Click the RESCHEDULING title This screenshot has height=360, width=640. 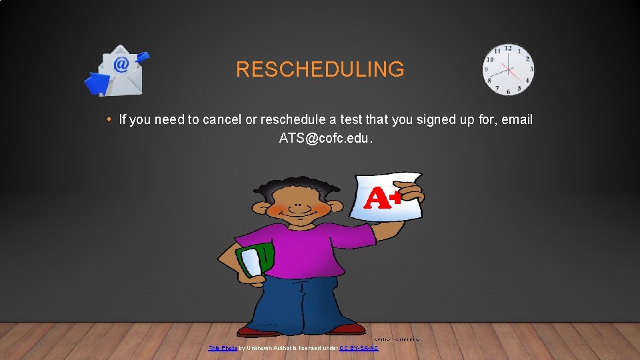point(320,69)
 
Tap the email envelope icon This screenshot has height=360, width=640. point(117,71)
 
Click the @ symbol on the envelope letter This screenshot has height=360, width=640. point(121,64)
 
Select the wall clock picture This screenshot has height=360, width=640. point(508,69)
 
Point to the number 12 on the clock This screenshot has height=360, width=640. point(508,49)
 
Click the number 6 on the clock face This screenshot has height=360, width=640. point(509,91)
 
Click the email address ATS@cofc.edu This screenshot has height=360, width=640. point(326,139)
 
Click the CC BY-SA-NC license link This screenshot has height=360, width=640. point(358,348)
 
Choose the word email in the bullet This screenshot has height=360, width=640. point(517,120)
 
